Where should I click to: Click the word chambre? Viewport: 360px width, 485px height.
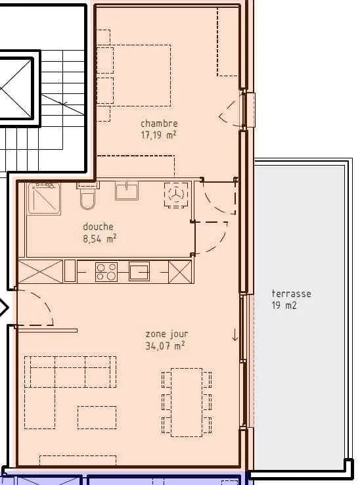point(159,124)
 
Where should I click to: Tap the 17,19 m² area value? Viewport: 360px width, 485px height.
point(159,135)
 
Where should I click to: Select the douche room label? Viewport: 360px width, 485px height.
point(98,227)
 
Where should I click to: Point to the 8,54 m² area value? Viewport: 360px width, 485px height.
point(100,239)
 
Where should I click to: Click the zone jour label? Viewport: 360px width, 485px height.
point(167,334)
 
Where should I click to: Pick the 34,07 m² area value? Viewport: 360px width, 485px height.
point(165,346)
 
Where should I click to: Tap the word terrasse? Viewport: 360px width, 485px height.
point(291,293)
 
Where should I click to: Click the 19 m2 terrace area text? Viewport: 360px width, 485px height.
point(284,306)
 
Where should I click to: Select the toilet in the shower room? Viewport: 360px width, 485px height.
point(88,195)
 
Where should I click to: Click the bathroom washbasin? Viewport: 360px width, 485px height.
point(127,191)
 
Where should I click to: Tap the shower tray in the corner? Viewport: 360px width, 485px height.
point(44,198)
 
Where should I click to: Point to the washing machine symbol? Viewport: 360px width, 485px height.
point(176,195)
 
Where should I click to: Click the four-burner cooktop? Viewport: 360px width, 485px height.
point(106,272)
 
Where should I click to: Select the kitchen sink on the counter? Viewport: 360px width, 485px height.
point(139,272)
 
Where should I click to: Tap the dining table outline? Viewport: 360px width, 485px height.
point(187,402)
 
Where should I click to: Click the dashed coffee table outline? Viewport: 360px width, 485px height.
point(97,417)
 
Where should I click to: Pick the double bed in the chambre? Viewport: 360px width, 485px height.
point(133,76)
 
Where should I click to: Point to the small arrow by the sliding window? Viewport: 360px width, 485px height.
point(235,335)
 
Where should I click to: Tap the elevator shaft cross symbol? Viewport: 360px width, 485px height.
point(16,89)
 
